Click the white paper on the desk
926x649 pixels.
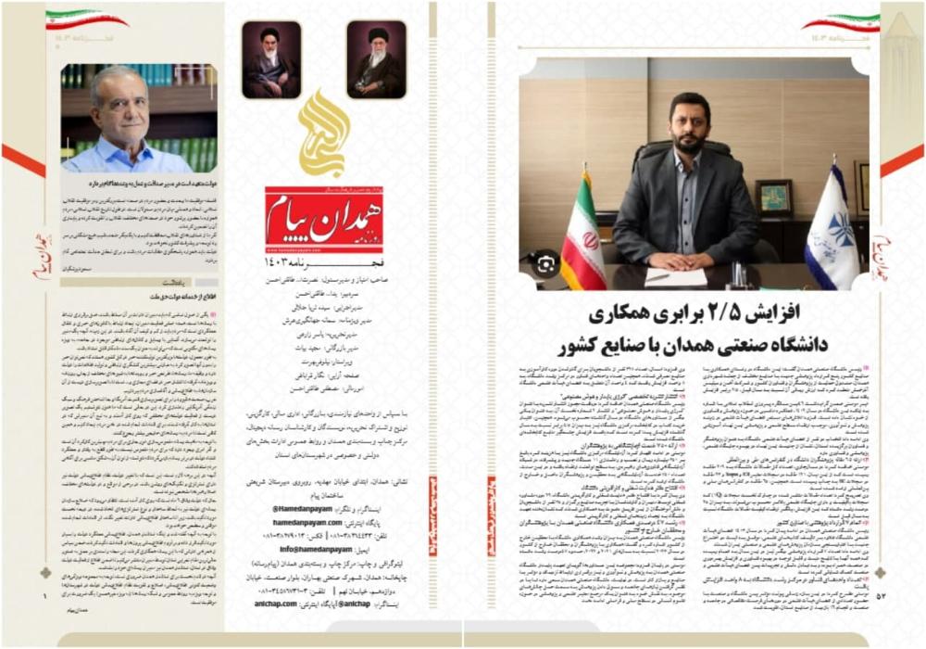point(679,276)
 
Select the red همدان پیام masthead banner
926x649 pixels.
point(324,219)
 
